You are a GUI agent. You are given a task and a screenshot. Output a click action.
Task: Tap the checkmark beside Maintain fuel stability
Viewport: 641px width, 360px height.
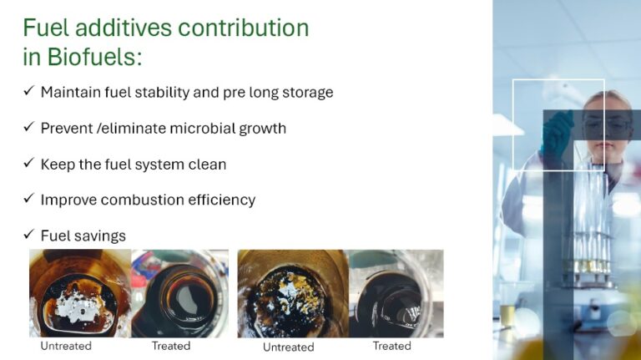click(x=28, y=92)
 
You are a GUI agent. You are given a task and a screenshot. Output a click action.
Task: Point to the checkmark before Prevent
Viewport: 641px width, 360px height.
click(x=28, y=128)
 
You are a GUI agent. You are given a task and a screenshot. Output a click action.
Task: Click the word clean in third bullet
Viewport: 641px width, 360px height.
click(x=207, y=164)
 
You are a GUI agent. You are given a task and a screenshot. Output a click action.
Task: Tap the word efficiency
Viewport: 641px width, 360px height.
click(x=222, y=200)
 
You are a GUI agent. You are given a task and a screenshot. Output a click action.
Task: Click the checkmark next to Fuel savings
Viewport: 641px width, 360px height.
click(x=28, y=236)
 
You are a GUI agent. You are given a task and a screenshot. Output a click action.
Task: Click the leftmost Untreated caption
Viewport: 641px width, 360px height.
click(x=66, y=346)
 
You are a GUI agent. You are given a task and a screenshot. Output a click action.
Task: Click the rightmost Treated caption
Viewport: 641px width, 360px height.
click(x=391, y=346)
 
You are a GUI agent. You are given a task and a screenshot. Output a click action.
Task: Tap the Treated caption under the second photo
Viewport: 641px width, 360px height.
click(x=171, y=346)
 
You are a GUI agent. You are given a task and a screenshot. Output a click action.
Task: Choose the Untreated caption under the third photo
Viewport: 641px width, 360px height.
click(x=288, y=347)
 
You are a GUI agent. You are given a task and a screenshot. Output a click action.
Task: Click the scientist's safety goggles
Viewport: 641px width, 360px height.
click(x=606, y=126)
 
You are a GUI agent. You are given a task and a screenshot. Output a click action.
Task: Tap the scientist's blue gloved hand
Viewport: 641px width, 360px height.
click(x=556, y=134)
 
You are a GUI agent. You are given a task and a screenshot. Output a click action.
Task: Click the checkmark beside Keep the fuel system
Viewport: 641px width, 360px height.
click(x=28, y=164)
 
